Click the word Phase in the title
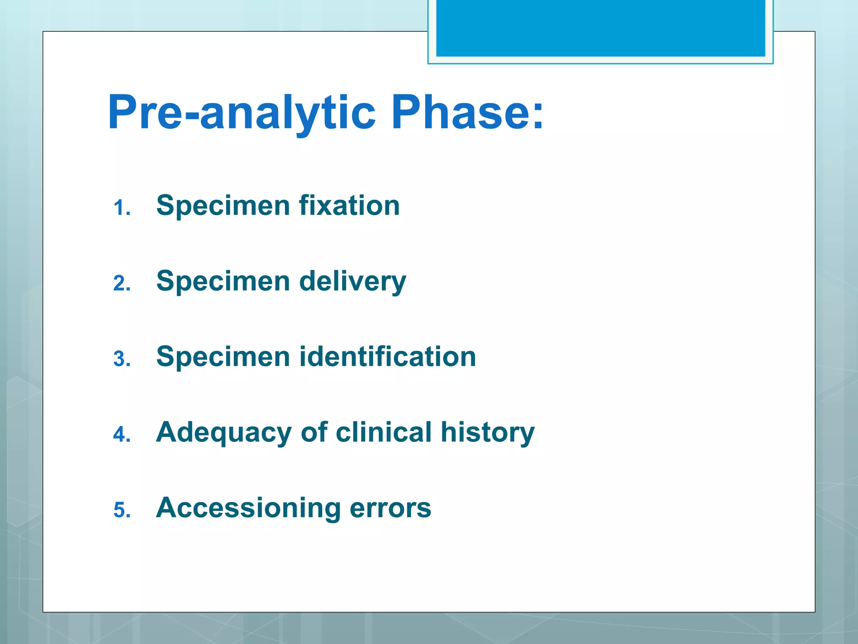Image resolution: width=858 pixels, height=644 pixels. [459, 112]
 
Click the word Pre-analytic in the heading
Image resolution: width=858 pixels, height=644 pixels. [242, 112]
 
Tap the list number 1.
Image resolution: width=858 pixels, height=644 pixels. [121, 208]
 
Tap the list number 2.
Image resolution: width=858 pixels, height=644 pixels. [121, 283]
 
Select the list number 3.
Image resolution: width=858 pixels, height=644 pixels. [121, 359]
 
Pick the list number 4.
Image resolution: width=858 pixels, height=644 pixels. [121, 434]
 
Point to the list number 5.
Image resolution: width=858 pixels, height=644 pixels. [121, 510]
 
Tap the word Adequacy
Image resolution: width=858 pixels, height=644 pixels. [224, 433]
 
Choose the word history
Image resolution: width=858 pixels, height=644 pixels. [488, 433]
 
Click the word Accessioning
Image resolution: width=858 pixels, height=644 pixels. [248, 508]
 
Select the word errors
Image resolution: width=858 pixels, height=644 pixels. [390, 508]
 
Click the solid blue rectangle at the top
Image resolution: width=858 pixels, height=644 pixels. [600, 28]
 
